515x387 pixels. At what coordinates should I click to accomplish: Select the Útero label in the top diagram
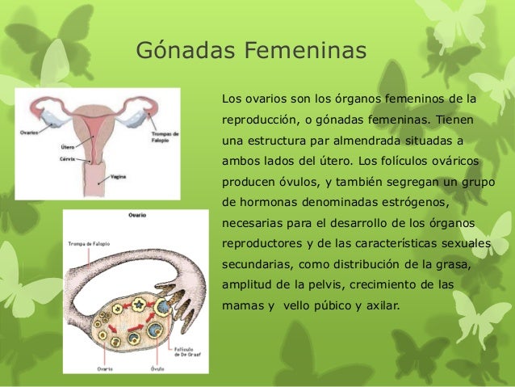click(x=69, y=148)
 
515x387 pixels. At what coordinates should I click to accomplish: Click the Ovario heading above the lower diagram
click(x=137, y=216)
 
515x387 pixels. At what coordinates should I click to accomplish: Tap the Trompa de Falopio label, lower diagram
click(x=89, y=243)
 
